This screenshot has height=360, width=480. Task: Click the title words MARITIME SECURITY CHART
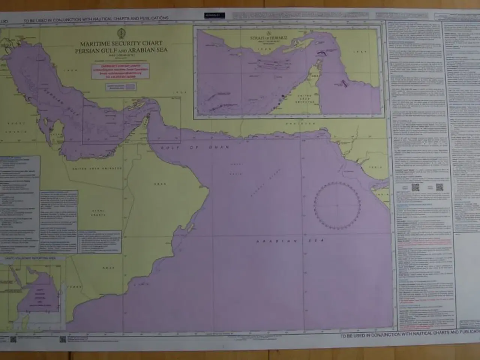pos(121,44)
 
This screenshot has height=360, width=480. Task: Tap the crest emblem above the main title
pos(121,33)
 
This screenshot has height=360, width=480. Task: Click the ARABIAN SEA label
pos(290,241)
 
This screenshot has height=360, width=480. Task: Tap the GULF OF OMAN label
pos(195,148)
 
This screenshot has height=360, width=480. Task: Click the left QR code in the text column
pos(415,187)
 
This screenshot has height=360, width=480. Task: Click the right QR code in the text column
pos(439,187)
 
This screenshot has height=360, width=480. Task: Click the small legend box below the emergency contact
pos(121,87)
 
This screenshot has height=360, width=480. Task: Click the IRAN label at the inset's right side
pos(361,51)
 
